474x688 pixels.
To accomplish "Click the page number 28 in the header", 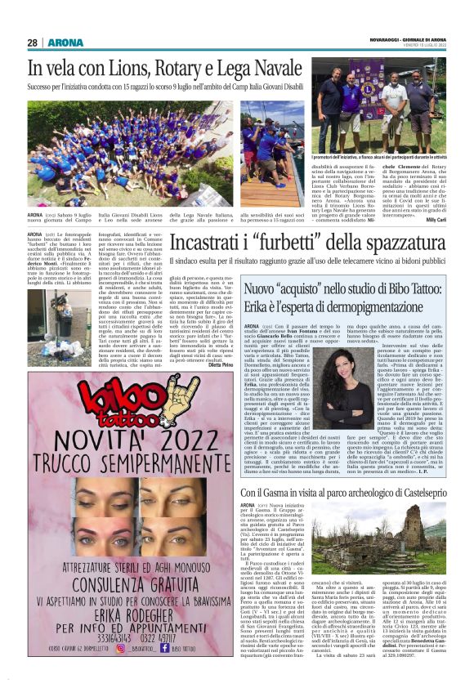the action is tap(33, 42).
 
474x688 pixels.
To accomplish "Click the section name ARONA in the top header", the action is tap(66, 42).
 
